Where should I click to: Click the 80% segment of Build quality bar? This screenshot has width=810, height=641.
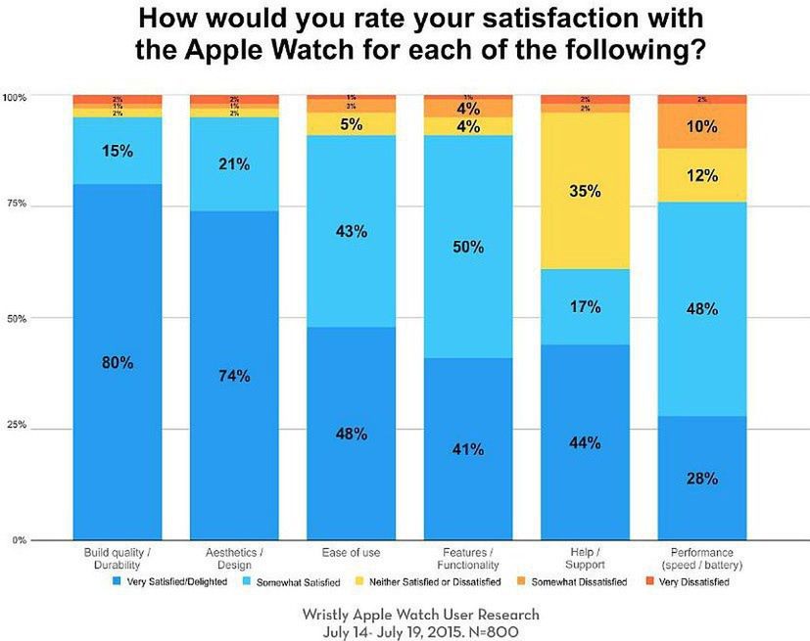[117, 362]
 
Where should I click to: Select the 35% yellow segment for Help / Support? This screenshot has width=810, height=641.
[585, 193]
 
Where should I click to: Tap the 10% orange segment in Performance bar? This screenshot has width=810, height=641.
[701, 126]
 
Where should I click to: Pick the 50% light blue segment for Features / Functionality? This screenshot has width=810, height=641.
[468, 247]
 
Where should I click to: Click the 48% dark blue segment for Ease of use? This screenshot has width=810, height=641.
[351, 434]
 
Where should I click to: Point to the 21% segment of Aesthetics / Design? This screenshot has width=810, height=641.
[234, 164]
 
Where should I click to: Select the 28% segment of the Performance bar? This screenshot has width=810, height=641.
[701, 479]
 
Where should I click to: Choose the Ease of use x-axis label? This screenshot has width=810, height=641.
[351, 555]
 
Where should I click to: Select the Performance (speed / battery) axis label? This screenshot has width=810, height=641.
[701, 560]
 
